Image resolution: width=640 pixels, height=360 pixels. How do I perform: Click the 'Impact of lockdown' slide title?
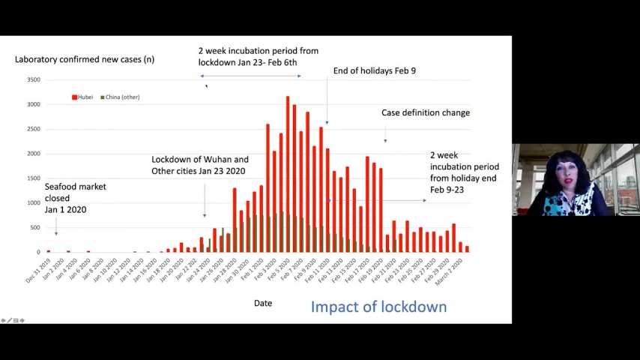(x=378, y=306)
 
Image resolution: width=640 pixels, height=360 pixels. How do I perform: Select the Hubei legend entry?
(x=82, y=97)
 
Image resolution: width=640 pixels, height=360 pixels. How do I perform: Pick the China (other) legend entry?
(x=119, y=97)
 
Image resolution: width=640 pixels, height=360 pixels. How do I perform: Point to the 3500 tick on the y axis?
(x=34, y=79)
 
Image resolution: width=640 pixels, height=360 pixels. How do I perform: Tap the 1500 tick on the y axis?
(x=34, y=178)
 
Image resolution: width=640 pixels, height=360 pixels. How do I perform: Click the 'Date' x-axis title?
(x=262, y=303)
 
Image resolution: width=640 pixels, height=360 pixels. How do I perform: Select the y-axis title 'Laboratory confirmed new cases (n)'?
(x=85, y=59)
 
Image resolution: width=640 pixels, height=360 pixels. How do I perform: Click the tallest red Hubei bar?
(x=287, y=173)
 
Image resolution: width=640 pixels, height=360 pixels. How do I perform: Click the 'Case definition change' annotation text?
(x=426, y=113)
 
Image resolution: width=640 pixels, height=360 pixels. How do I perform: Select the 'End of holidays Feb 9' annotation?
(x=375, y=71)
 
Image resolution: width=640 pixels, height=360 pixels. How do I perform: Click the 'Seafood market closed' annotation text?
(x=75, y=198)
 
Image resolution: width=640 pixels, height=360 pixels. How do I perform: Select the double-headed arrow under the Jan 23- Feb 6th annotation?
(x=250, y=76)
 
